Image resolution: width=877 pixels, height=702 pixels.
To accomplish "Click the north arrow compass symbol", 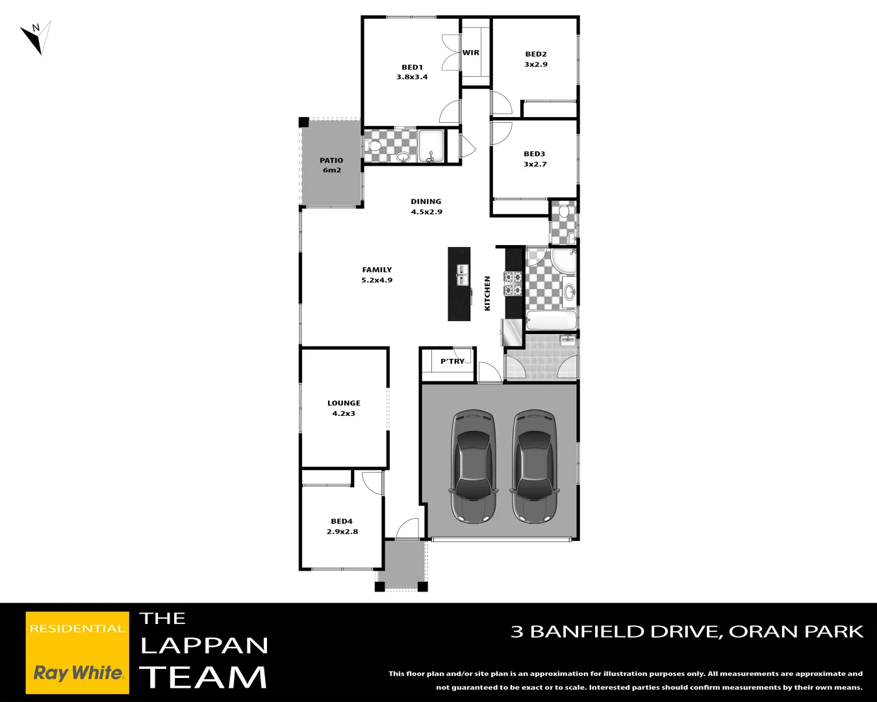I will (x=36, y=38).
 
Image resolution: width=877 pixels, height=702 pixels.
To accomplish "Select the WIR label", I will (x=471, y=53).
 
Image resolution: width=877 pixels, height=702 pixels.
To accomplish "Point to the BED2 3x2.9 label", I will (x=536, y=59).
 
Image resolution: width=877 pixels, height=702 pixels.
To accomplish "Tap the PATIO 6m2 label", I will (x=331, y=165).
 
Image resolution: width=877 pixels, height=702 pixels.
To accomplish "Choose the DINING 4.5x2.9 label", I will (x=426, y=207).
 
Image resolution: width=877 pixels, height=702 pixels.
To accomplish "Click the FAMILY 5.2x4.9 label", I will (x=377, y=274).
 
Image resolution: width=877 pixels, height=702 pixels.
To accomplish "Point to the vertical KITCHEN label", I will (x=488, y=293).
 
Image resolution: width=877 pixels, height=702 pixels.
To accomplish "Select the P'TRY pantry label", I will (x=452, y=361).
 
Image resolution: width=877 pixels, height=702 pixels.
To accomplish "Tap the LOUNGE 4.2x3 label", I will (x=344, y=408).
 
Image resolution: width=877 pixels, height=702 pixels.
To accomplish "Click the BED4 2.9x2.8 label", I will (x=342, y=526).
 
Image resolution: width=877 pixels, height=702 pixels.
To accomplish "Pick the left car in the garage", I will (x=474, y=466).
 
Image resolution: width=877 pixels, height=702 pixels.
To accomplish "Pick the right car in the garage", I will (x=534, y=466).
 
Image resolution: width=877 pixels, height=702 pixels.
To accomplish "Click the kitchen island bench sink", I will (x=462, y=275).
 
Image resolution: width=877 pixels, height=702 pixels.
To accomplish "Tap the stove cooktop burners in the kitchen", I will (x=513, y=283).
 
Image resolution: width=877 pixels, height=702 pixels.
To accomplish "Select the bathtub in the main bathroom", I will (x=551, y=320).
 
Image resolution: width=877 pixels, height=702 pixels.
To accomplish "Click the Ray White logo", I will (x=77, y=653).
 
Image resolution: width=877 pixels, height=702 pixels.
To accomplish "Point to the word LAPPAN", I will (x=204, y=645).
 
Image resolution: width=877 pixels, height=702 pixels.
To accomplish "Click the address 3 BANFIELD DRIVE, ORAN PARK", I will (x=687, y=631).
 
